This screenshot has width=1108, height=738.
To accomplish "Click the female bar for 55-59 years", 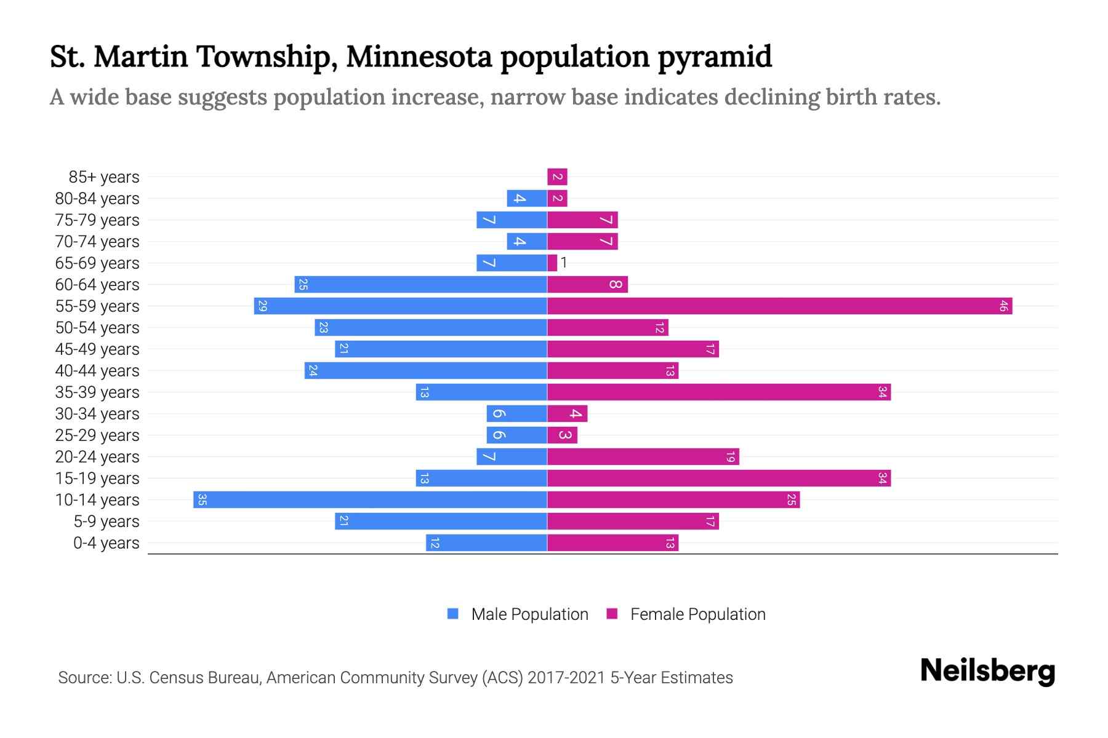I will point(779,306).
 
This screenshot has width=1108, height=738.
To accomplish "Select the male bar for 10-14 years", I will point(370,499).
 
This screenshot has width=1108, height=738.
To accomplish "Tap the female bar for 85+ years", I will point(557,177).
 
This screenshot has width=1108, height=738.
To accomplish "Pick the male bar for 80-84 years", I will point(527,199).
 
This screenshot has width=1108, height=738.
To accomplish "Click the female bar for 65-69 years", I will point(552,263).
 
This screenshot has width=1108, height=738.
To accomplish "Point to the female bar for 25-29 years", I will point(562,435).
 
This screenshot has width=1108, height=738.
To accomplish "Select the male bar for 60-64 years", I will point(420,284).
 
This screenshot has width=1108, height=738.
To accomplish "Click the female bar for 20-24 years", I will point(643,456).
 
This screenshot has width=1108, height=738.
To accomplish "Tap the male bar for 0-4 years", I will point(486,542).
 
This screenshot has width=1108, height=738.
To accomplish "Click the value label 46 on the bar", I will point(1003,306).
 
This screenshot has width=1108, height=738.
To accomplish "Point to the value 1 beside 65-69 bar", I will point(564,263).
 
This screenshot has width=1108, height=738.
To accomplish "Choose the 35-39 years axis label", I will point(97,392).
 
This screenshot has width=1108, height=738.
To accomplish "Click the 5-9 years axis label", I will point(106,522).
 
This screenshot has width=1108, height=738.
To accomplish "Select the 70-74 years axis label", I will point(97,242).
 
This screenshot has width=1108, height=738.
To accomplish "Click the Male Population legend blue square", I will point(453,614).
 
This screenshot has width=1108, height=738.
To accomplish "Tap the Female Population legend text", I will point(697,614).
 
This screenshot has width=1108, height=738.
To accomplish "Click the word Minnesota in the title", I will point(419,57).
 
